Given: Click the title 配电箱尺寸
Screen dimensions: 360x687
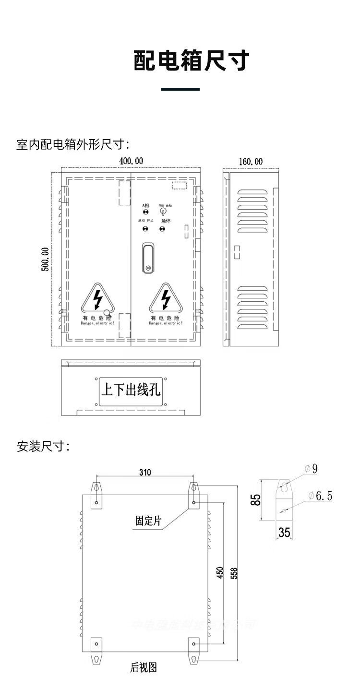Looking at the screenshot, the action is pos(192,60).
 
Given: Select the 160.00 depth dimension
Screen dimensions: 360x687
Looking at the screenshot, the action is pos(251,162).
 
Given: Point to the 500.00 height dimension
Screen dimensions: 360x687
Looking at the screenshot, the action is pos(45,259).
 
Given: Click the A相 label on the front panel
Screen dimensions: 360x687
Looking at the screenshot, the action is pos(145,206).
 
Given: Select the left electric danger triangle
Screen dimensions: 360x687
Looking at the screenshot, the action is pos(98,299).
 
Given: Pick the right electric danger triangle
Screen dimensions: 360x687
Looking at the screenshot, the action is pos(166,299).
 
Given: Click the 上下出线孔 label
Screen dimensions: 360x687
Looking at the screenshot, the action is pos(131,389).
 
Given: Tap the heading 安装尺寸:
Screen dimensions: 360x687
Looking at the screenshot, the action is pos(43,447).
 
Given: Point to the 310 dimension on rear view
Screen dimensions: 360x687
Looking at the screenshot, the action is pos(145,473).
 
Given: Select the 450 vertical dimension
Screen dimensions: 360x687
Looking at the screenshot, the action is pos(220,572).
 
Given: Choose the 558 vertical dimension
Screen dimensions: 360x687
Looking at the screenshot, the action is pos(234,573).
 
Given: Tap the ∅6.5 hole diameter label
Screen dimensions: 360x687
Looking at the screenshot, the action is pos(320,496).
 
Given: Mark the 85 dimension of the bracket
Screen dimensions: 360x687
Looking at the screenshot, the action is pos(257,500).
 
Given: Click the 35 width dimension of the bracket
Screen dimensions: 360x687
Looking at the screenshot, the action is pos(285,532).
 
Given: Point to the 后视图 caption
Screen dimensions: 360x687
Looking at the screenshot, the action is pos(144,667).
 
